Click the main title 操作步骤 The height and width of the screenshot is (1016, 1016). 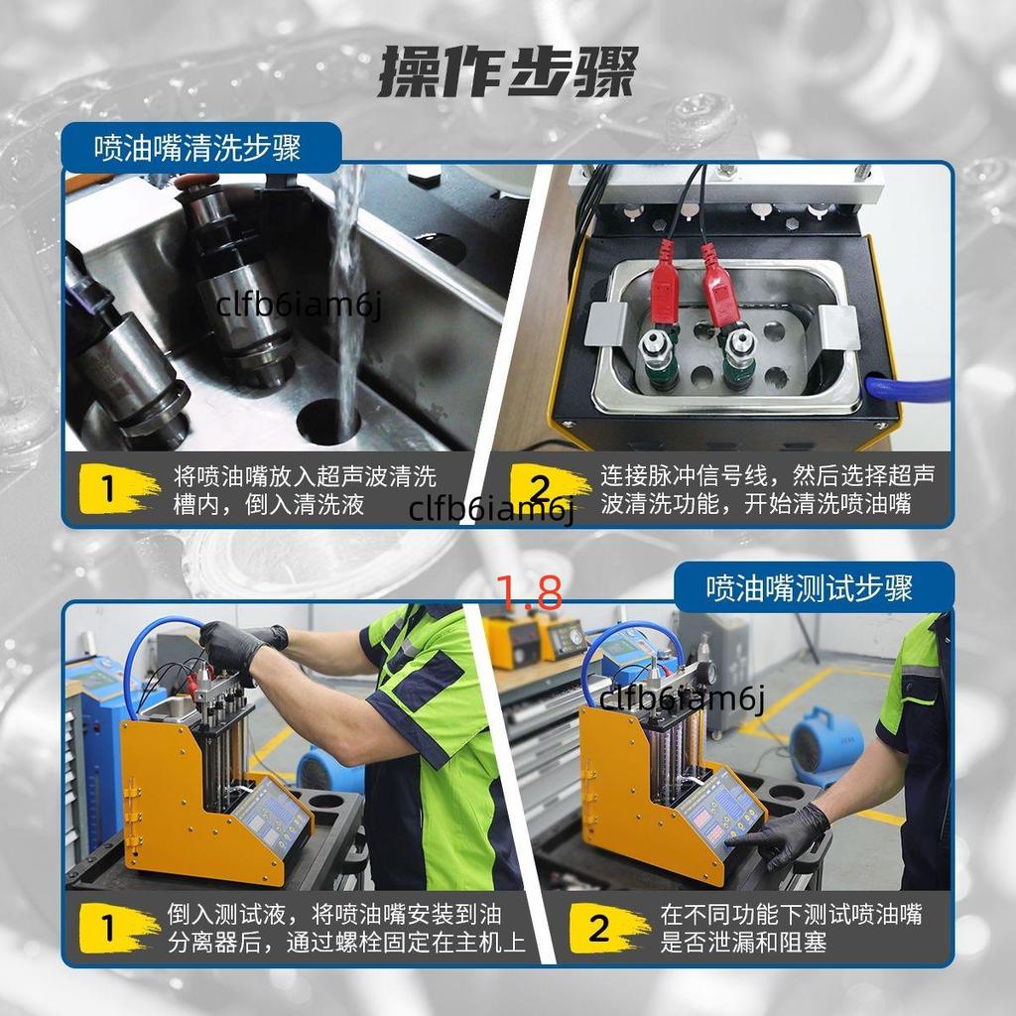tap(508, 71)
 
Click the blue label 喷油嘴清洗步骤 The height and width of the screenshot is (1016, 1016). tap(197, 149)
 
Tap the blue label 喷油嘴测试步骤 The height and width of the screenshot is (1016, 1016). tap(810, 588)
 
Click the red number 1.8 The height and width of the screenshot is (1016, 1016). tap(530, 592)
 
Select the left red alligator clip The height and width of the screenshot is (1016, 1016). tap(663, 285)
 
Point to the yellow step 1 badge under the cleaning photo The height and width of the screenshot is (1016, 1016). tap(118, 489)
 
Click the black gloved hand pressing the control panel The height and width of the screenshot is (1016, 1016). tap(784, 835)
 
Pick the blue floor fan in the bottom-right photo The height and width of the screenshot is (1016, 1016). tap(826, 746)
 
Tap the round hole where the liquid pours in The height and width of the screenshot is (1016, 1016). tap(328, 422)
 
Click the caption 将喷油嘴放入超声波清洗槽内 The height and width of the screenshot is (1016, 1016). tap(305, 490)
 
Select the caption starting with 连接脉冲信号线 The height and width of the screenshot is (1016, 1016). tap(767, 489)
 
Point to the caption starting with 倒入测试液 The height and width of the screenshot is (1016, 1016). tap(346, 928)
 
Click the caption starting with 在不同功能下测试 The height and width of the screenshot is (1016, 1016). tap(791, 928)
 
